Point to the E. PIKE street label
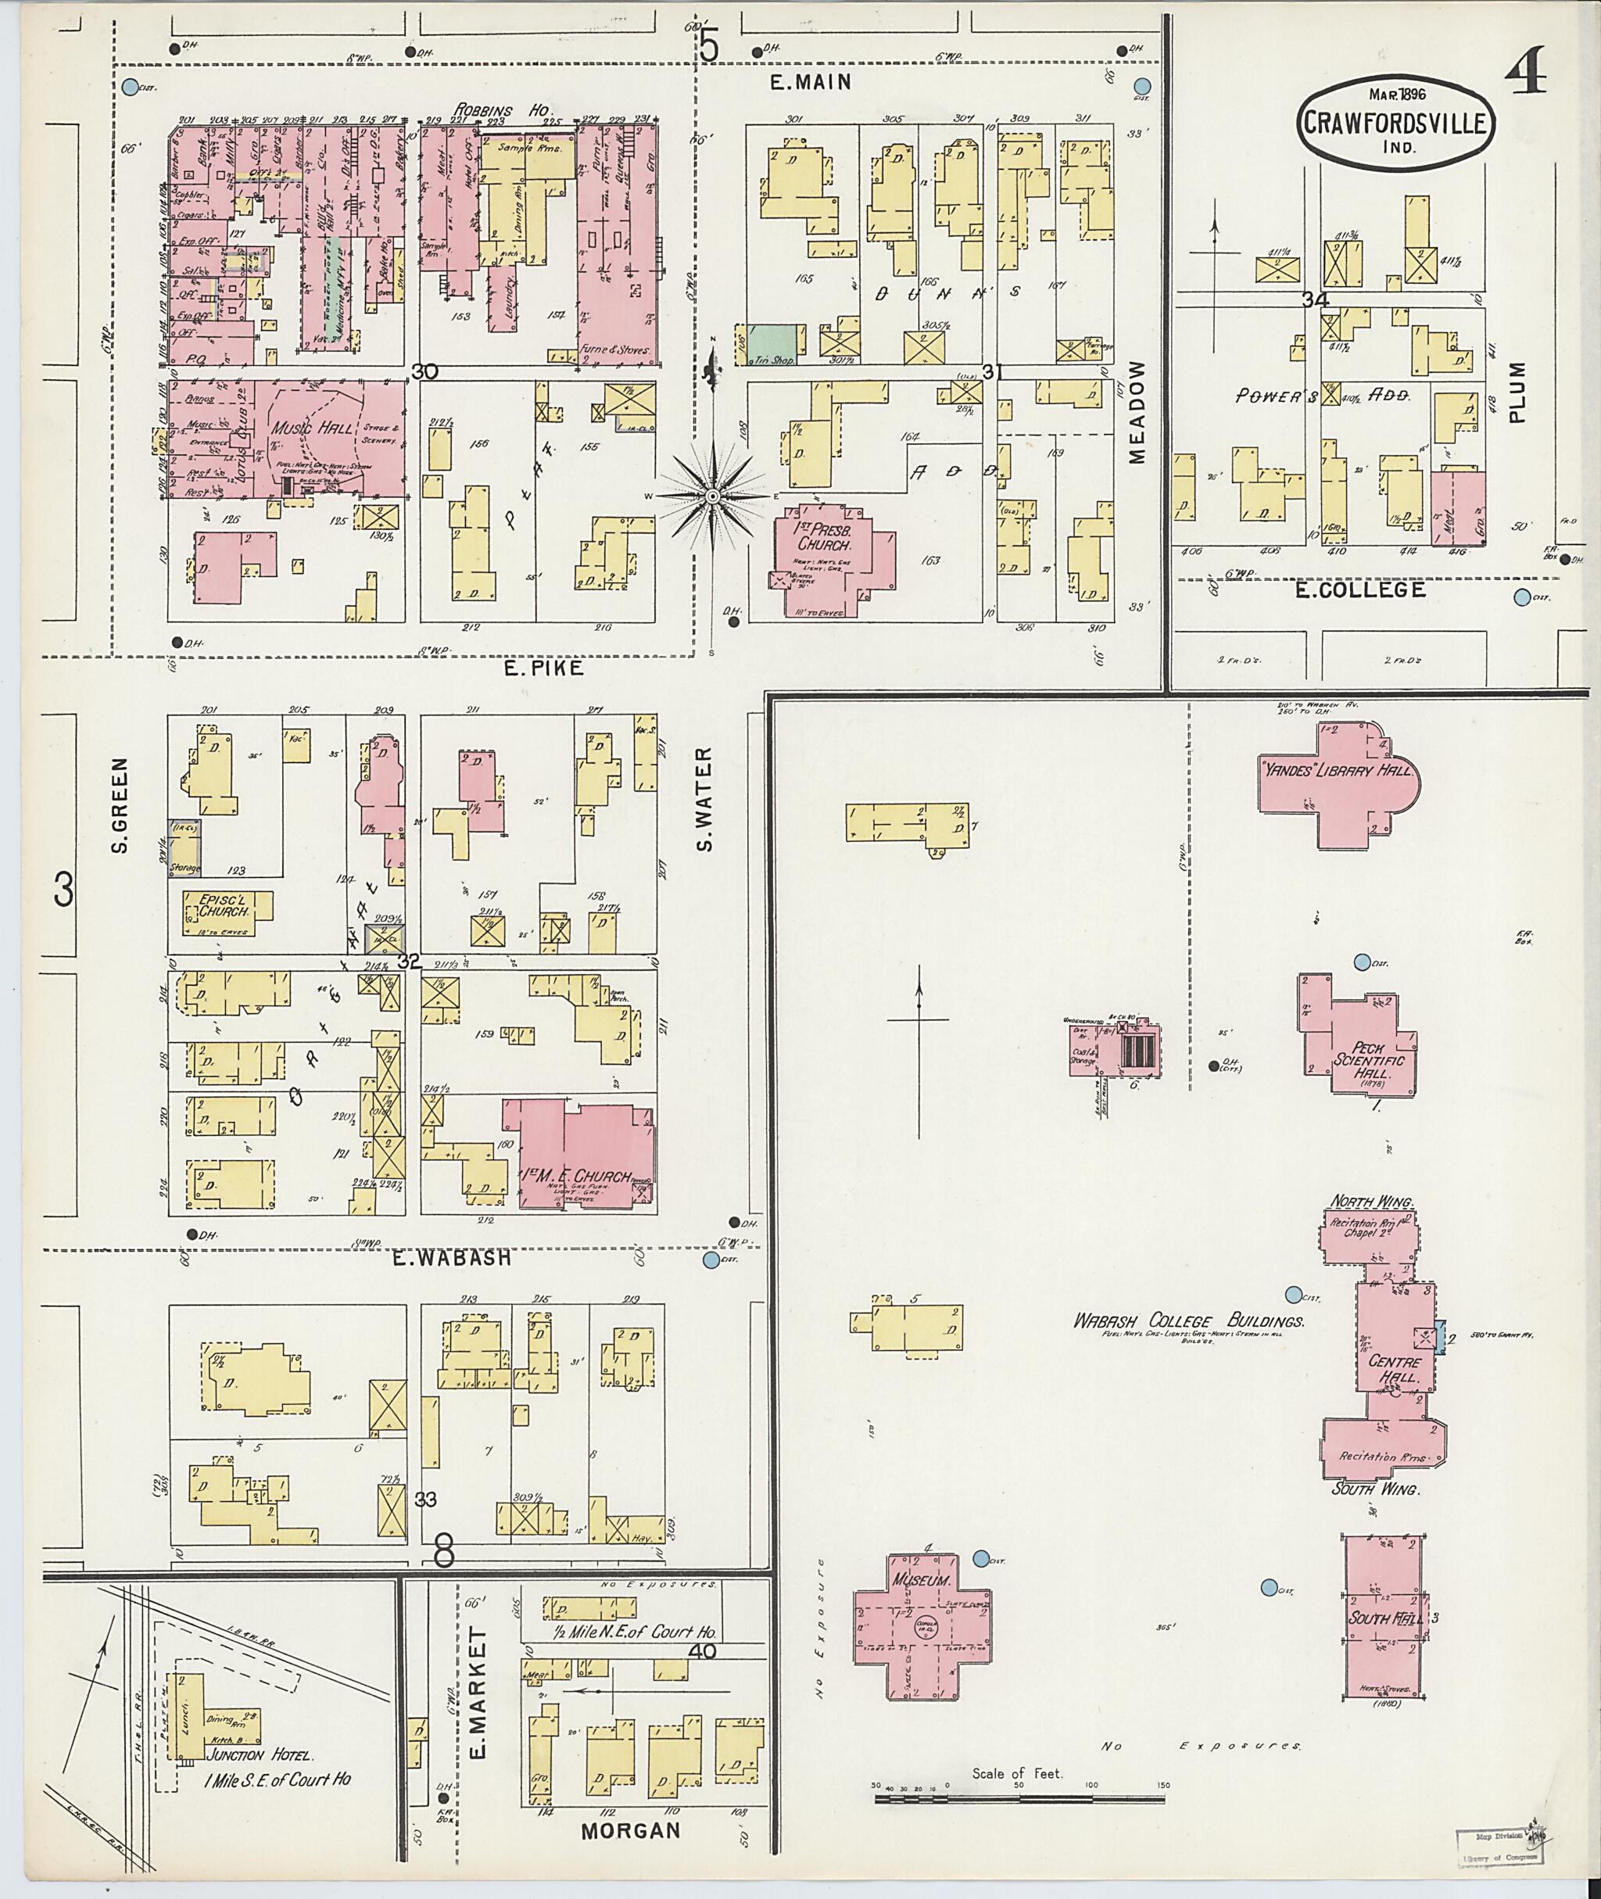tap(543, 668)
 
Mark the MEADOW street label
tap(1140, 413)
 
